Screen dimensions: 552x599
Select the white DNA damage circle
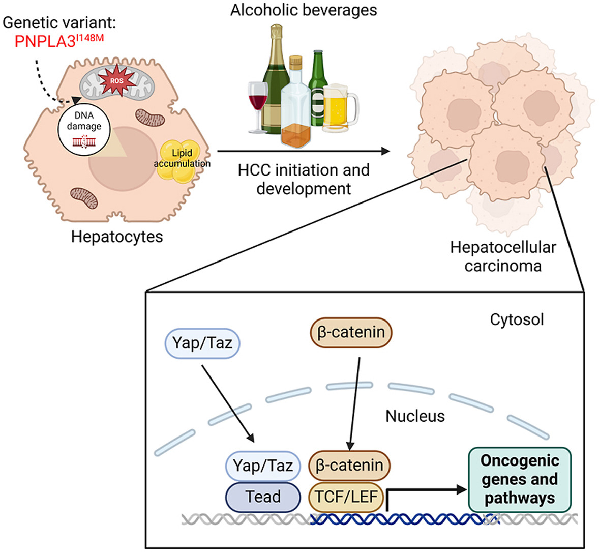84,127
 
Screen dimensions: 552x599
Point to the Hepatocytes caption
117,237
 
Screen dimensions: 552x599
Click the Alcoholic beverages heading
304,10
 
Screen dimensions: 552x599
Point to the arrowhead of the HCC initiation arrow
386,151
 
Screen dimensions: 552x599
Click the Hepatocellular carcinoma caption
503,256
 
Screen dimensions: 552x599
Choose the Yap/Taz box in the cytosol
202,343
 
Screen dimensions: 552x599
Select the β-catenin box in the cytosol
351,333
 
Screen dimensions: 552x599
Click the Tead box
263,497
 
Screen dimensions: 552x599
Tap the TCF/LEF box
346,497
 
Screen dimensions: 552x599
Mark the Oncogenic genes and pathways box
519,479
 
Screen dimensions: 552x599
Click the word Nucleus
415,416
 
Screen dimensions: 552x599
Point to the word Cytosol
517,319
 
